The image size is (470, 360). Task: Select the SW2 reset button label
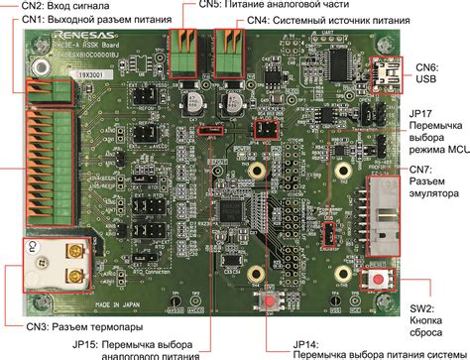coord(432,315)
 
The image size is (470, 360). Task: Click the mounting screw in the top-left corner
coord(41,67)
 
